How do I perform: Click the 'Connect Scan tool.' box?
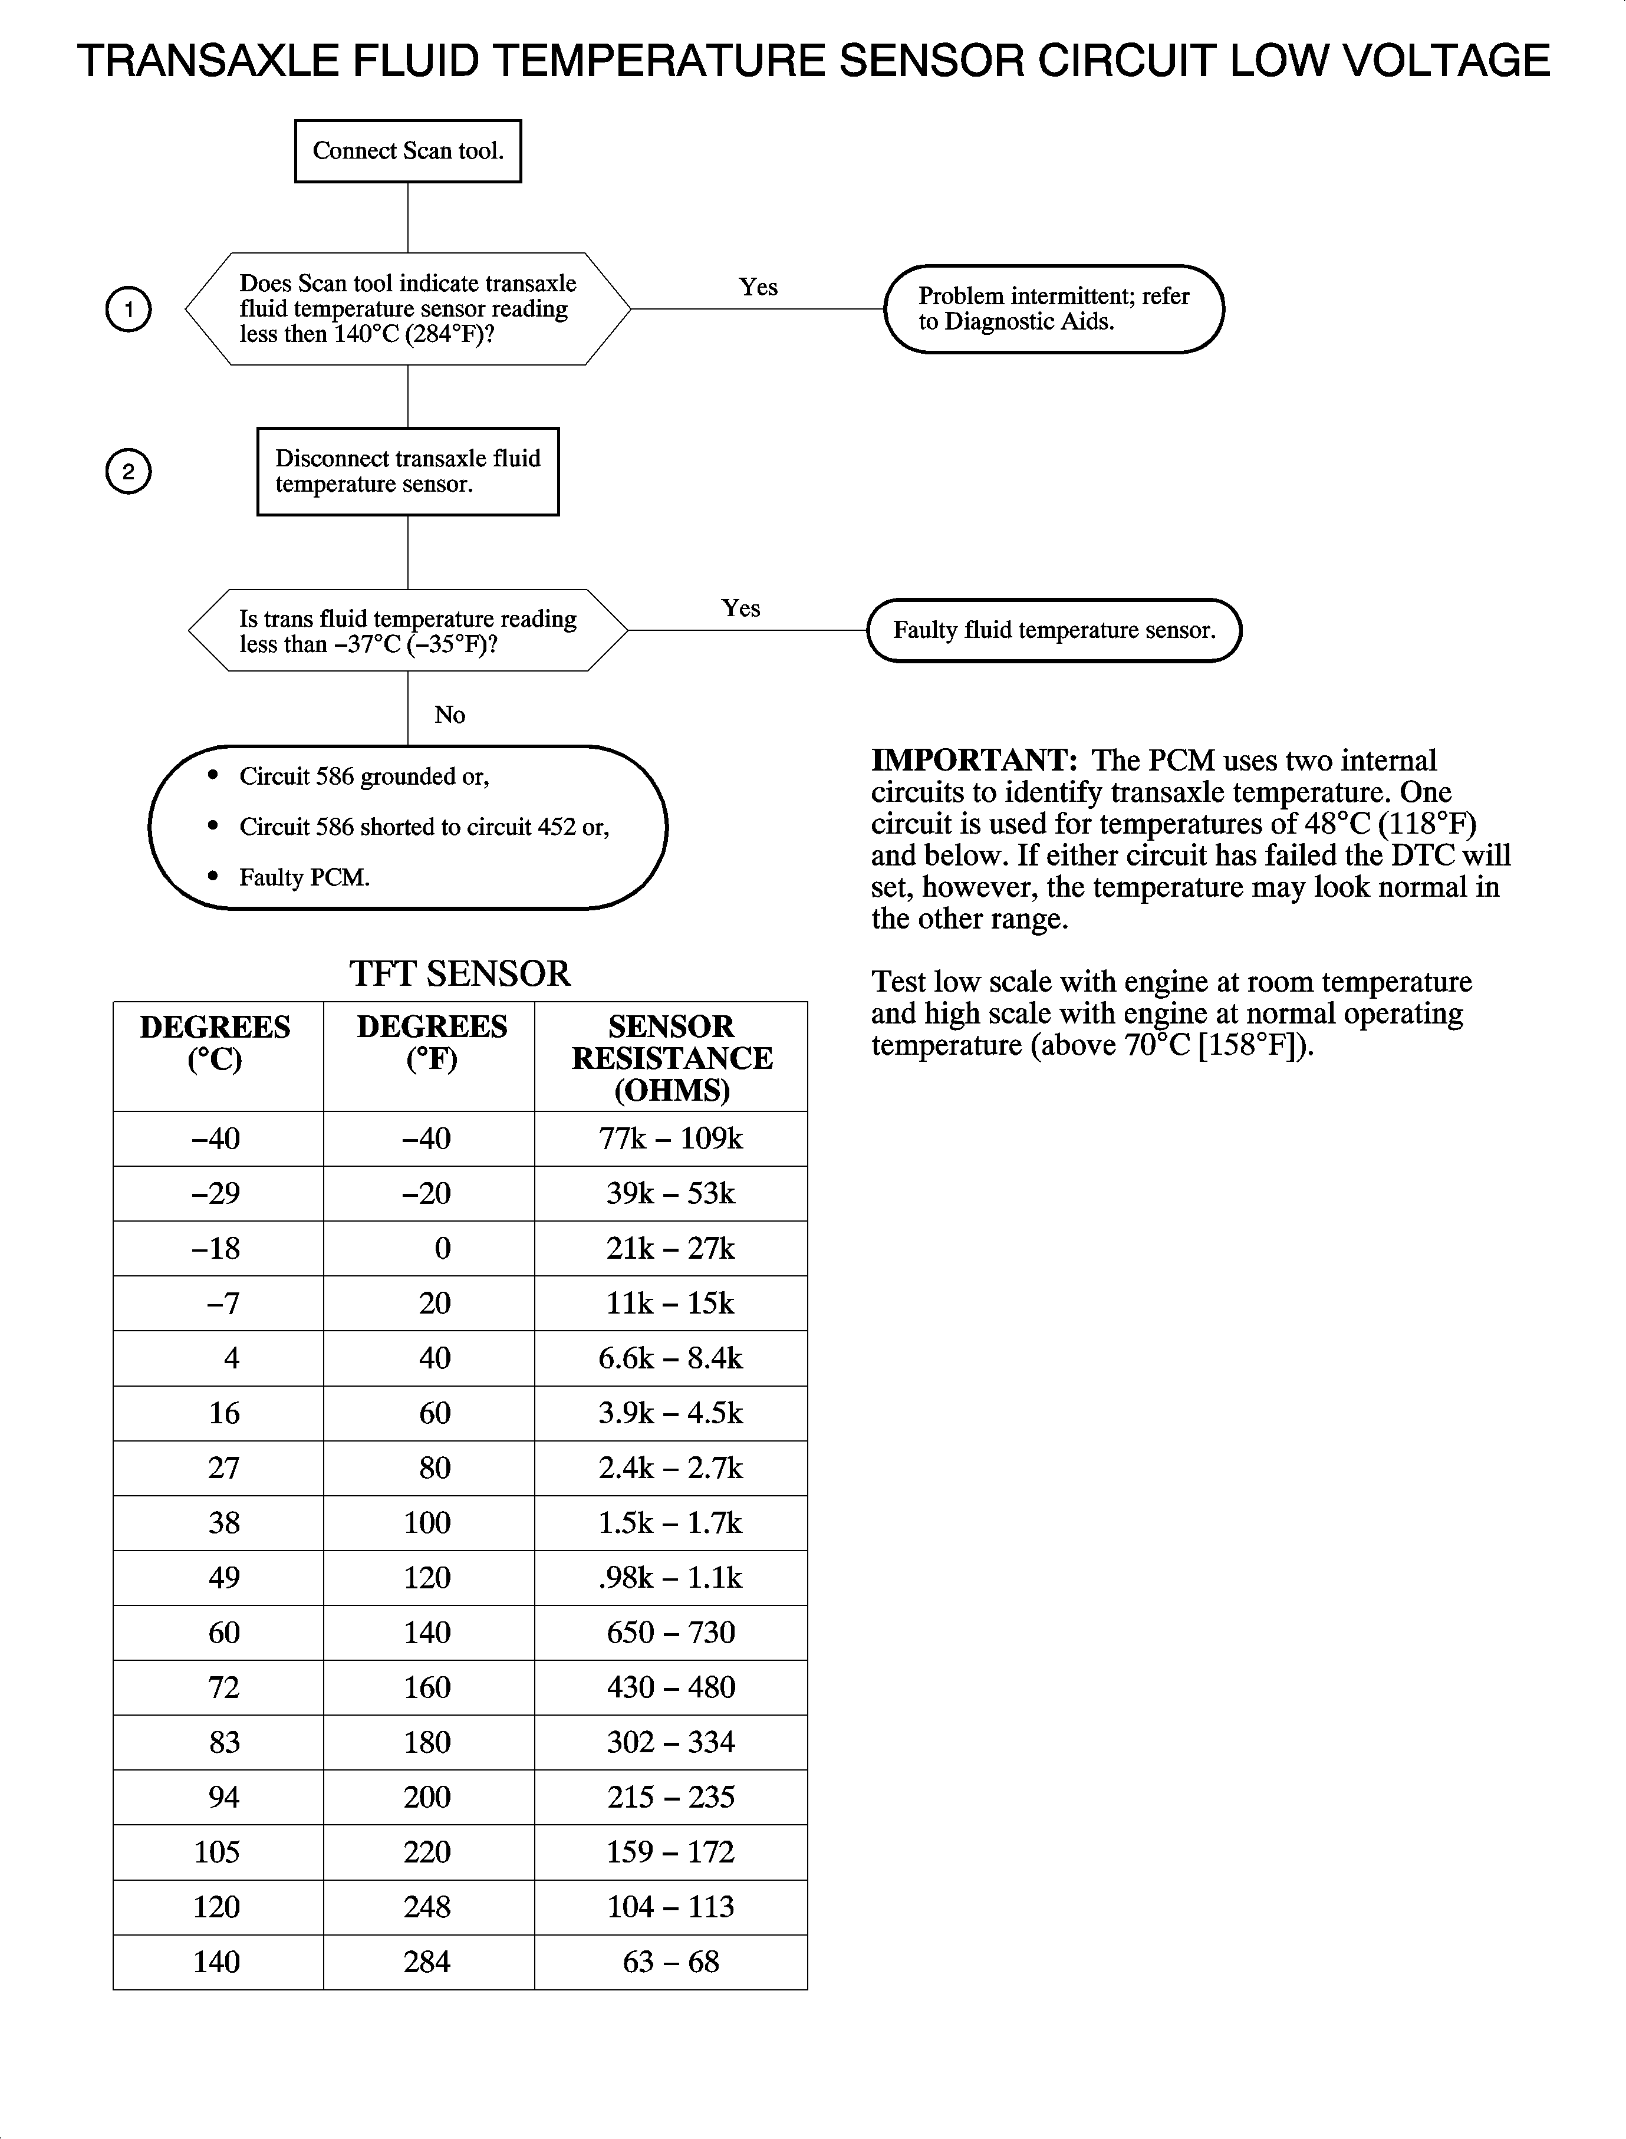[x=407, y=151]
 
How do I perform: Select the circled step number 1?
[x=128, y=310]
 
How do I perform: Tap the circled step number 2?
[x=128, y=471]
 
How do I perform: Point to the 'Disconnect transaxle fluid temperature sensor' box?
[x=407, y=471]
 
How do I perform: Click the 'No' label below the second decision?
[x=450, y=715]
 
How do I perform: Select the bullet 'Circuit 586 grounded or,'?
[x=364, y=776]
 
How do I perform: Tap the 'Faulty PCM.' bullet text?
[x=305, y=878]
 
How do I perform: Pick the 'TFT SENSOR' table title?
[x=460, y=973]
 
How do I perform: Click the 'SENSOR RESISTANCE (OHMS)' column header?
[x=672, y=1057]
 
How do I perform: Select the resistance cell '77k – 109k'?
[x=671, y=1138]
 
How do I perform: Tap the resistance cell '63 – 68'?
[x=671, y=1962]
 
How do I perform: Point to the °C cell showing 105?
[x=217, y=1851]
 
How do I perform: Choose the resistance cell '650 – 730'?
[x=671, y=1633]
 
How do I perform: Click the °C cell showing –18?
[x=217, y=1249]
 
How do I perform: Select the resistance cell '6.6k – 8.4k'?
[x=671, y=1358]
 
